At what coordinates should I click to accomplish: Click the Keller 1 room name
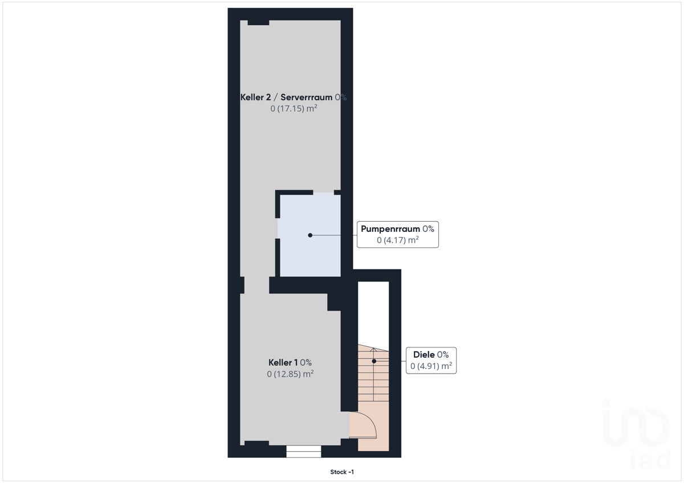[283, 362]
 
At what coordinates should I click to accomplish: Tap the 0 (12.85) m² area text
[290, 374]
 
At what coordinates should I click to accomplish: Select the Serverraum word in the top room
[306, 97]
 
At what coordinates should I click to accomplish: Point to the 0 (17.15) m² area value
[294, 108]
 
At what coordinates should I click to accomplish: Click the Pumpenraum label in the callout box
[390, 229]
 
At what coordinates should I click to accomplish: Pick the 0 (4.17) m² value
[398, 240]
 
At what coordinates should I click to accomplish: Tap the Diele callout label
[424, 354]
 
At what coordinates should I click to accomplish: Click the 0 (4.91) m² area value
[431, 366]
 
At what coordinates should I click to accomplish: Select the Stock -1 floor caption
[342, 472]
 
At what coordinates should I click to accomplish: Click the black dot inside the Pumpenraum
[310, 235]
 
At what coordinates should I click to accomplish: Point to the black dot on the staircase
[374, 361]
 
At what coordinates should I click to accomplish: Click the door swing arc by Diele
[371, 421]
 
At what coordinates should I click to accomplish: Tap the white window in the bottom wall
[303, 451]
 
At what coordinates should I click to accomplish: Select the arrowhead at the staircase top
[374, 350]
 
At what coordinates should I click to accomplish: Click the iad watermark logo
[636, 434]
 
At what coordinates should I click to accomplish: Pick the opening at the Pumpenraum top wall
[324, 193]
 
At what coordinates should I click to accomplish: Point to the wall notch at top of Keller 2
[258, 23]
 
